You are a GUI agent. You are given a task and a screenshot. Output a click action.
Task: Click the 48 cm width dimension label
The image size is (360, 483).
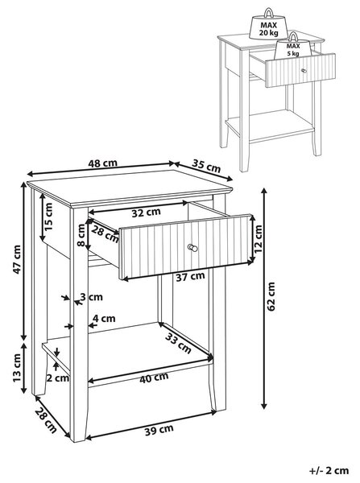coord(102,163)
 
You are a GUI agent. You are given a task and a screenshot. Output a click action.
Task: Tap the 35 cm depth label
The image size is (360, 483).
coord(206,166)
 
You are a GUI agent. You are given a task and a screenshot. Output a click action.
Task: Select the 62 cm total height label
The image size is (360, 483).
coord(271,296)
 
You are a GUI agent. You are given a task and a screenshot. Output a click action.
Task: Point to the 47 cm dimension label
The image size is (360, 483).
coord(17,259)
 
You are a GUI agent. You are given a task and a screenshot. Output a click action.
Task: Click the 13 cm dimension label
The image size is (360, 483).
coord(17,369)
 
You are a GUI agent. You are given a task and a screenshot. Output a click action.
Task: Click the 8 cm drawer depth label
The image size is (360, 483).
coord(81,235)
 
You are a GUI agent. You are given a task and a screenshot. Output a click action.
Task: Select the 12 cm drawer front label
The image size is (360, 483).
coord(258,239)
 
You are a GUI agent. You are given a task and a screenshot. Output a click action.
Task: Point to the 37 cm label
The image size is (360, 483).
coord(191,276)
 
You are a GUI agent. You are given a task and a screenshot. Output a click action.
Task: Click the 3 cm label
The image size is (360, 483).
coord(92,297)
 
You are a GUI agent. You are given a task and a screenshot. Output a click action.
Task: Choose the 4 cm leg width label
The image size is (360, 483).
coord(104,318)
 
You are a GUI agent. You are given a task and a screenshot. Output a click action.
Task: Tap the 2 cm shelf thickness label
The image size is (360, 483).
coord(58,378)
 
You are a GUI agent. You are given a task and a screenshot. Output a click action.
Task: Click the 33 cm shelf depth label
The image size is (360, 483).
coord(178,343)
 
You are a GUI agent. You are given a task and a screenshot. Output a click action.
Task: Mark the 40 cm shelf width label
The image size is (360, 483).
coord(154,378)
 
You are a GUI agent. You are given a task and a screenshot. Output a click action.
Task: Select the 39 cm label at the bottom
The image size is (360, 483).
coord(159,430)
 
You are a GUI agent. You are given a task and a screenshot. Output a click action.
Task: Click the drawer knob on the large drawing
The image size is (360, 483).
coord(192,247)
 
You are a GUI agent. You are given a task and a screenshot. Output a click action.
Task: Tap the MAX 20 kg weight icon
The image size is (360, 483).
coord(268,23)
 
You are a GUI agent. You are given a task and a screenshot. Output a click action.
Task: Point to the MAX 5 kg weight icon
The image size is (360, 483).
coord(293,44)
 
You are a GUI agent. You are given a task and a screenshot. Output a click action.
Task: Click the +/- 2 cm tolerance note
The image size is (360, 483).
coord(329,470)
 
